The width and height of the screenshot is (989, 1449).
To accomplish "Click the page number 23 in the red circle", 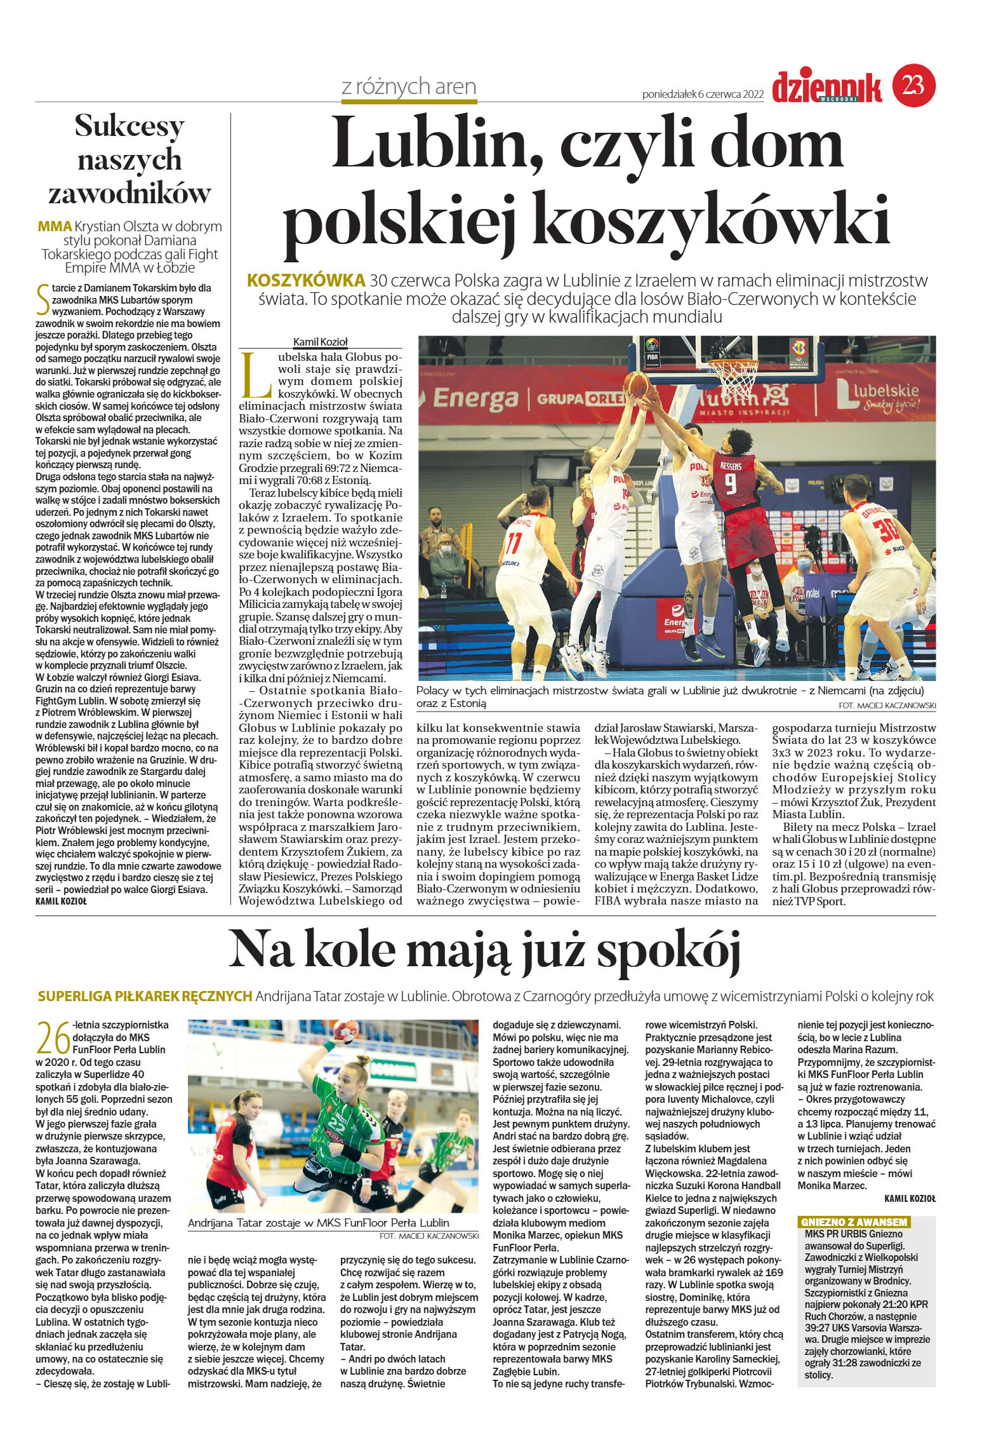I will coord(913,85).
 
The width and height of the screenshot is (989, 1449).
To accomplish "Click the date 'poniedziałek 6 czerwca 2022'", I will coord(703,94).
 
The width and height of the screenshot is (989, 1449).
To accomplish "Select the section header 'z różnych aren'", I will coord(409,86).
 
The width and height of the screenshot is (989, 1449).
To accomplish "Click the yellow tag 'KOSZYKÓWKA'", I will coord(306,280).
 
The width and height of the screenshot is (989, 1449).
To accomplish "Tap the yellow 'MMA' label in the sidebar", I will coord(55,226).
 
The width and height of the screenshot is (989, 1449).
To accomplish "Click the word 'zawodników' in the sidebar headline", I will coord(129,193).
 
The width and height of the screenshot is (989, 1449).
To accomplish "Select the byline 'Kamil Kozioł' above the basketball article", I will coord(320,342).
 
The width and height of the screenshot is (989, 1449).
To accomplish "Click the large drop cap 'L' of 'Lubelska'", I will coord(256,375).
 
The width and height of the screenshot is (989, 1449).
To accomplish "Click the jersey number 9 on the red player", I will coord(731,485).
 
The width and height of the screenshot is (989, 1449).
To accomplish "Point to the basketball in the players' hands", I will coord(636,384).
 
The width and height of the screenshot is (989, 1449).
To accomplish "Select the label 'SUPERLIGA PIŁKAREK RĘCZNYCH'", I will coord(145,997).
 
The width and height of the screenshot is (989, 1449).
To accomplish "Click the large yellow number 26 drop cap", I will coord(53,1039).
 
